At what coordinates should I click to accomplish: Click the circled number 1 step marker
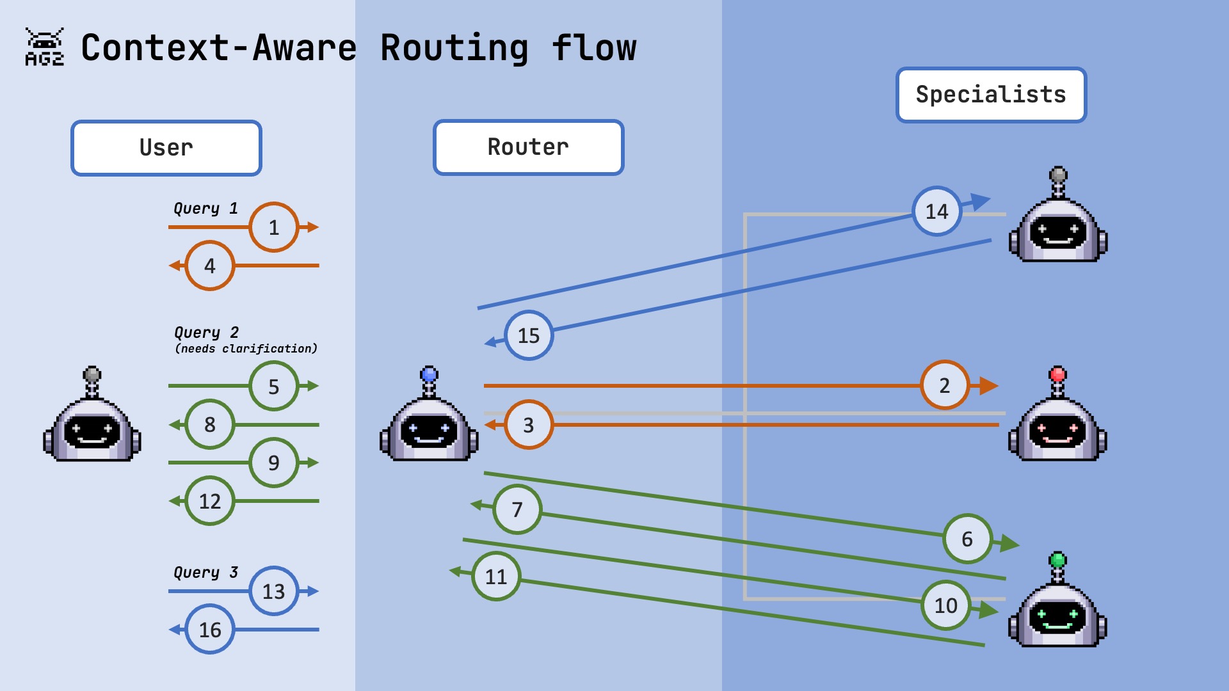[x=273, y=227]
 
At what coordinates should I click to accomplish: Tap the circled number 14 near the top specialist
[x=936, y=211]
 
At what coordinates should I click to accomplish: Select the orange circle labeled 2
[x=944, y=385]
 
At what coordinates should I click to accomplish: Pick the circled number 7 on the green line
[x=517, y=509]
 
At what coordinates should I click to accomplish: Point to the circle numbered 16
[x=209, y=630]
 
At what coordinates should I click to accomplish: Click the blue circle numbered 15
[x=528, y=335]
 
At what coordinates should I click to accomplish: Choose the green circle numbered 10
[x=945, y=605]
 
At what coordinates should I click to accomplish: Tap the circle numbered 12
[x=209, y=501]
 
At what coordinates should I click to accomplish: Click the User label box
[x=166, y=148]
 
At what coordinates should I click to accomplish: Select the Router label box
[x=528, y=147]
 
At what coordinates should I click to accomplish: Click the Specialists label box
[x=991, y=95]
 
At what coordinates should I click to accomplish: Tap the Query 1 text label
[x=205, y=209]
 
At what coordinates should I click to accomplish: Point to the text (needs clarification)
[x=246, y=349]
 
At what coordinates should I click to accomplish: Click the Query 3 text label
[x=205, y=572]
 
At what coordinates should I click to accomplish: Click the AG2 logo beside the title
[x=44, y=47]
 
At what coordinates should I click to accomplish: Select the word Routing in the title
[x=454, y=49]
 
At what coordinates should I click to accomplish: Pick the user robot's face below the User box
[x=92, y=431]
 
